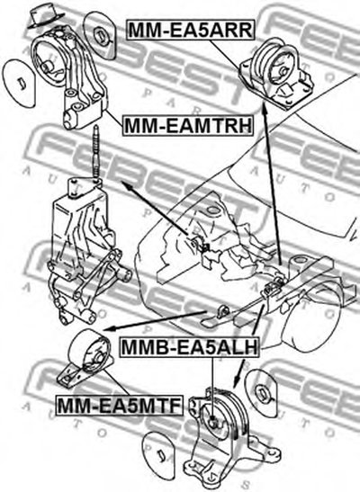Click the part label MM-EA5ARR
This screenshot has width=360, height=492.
(x=190, y=30)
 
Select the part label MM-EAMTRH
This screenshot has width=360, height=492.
(x=188, y=126)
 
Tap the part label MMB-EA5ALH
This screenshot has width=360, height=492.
(x=189, y=347)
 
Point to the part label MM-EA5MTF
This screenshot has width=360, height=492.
(x=120, y=406)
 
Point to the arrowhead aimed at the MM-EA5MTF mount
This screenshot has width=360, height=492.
(x=108, y=329)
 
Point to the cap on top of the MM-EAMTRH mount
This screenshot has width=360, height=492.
(x=45, y=15)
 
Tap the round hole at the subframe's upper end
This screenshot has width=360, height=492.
(x=300, y=260)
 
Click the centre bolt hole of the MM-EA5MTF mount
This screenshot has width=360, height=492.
(x=99, y=358)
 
